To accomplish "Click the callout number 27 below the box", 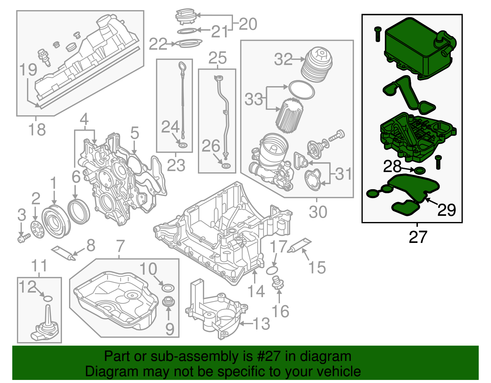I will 418,237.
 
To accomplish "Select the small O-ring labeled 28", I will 420,170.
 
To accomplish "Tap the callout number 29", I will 447,210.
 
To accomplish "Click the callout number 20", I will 247,24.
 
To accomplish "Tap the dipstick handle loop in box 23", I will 182,67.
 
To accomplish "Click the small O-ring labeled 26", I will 226,167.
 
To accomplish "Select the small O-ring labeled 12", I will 48,298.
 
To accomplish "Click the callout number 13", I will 261,324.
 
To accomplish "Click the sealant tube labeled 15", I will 299,246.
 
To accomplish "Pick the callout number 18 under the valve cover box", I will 37,129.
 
